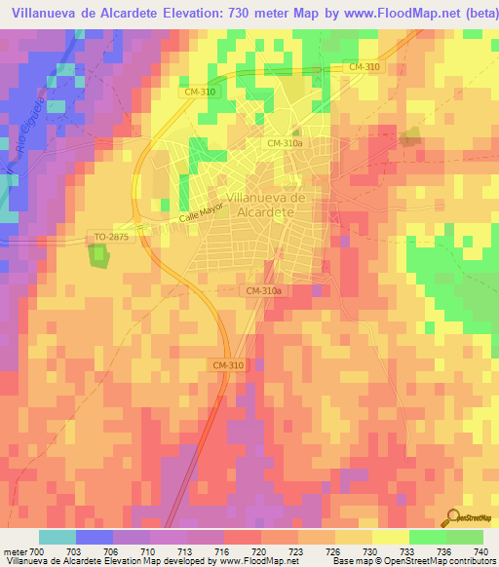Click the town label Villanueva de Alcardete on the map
[266, 204]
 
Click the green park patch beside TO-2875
[99, 255]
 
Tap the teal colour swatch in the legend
[58, 538]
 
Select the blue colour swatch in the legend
[95, 538]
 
